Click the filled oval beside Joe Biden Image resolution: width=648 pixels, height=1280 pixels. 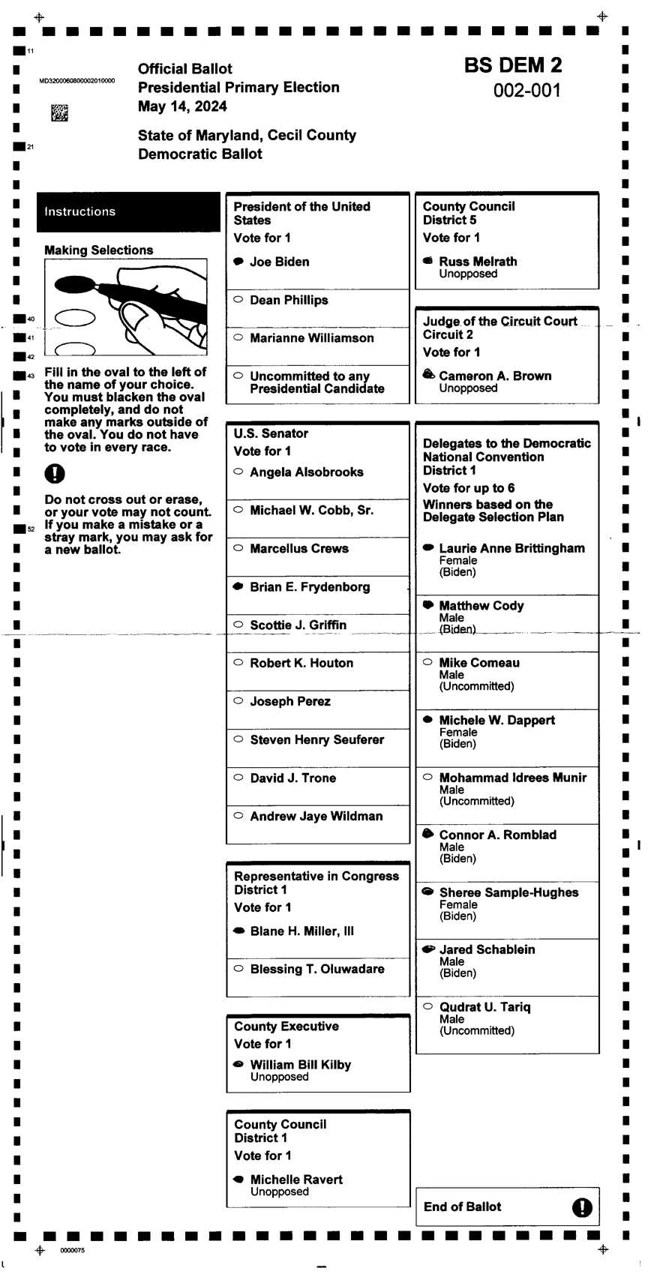pyautogui.click(x=238, y=262)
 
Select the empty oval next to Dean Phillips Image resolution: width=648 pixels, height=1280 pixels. pyautogui.click(x=238, y=299)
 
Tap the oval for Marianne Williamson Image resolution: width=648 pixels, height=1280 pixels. pyautogui.click(x=238, y=337)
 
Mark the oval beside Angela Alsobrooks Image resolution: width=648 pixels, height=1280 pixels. pyautogui.click(x=238, y=472)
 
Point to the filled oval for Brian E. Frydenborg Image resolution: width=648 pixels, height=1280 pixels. pyautogui.click(x=238, y=586)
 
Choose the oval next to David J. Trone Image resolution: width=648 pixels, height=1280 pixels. pyautogui.click(x=238, y=778)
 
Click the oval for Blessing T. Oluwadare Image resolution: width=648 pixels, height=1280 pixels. pyautogui.click(x=238, y=968)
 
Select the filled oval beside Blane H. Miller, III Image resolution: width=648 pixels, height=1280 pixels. pyautogui.click(x=238, y=931)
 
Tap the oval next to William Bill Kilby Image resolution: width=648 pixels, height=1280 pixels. pyautogui.click(x=238, y=1064)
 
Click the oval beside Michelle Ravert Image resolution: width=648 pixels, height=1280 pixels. pyautogui.click(x=238, y=1179)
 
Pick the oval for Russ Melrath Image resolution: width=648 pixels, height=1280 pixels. pyautogui.click(x=428, y=261)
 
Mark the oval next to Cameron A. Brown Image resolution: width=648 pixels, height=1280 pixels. pyautogui.click(x=428, y=374)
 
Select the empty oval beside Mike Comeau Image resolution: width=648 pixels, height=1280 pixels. pyautogui.click(x=428, y=662)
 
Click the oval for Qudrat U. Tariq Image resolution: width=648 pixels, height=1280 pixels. pyautogui.click(x=428, y=1006)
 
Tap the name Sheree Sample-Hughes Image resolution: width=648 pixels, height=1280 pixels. pyautogui.click(x=508, y=892)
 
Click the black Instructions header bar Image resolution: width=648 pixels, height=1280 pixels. pyautogui.click(x=128, y=211)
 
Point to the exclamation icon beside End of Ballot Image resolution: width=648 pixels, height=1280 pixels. pyautogui.click(x=581, y=1207)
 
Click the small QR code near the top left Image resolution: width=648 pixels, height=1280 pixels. pyautogui.click(x=59, y=113)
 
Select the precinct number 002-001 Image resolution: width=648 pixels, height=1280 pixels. pyautogui.click(x=526, y=91)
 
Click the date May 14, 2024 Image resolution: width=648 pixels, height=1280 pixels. pyautogui.click(x=182, y=106)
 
